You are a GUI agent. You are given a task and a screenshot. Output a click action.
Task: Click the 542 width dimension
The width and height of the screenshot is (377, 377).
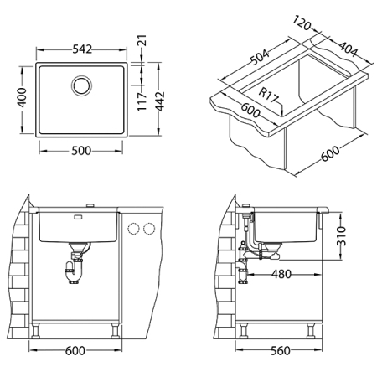tap(82, 49)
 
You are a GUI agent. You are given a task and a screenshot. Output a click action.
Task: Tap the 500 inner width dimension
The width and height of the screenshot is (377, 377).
tap(81, 151)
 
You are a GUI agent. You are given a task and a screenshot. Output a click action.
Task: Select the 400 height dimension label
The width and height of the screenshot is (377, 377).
tap(22, 97)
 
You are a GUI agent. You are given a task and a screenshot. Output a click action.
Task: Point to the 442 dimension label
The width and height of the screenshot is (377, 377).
tap(159, 101)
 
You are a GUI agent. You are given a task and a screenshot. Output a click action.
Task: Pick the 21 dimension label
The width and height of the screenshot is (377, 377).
tap(142, 40)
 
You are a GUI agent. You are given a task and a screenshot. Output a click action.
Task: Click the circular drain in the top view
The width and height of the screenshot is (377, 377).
tap(82, 85)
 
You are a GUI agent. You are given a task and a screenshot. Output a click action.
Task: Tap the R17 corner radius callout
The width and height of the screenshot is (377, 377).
tap(269, 95)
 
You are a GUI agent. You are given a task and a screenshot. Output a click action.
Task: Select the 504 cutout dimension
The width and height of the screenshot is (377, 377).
tap(260, 57)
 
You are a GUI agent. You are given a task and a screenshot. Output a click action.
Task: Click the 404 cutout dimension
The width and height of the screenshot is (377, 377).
tap(349, 49)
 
